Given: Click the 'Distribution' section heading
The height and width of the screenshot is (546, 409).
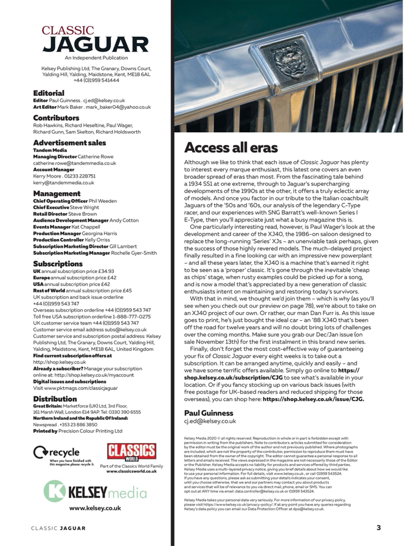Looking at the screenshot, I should click(57, 398).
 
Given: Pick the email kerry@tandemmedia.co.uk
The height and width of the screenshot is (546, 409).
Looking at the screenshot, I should click(65, 183).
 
